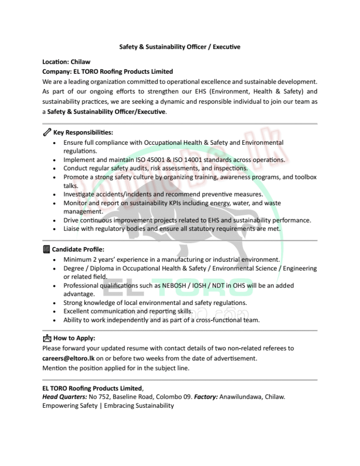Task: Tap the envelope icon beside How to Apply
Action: coord(46,338)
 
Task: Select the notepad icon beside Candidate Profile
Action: coord(46,249)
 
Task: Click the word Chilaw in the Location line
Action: coord(81,61)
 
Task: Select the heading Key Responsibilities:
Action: coord(83,133)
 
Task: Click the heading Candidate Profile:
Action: coord(78,249)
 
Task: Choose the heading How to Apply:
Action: coord(75,338)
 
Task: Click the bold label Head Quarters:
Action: coord(64,397)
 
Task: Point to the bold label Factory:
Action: coord(206,397)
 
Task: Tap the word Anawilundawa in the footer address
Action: coord(240,397)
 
